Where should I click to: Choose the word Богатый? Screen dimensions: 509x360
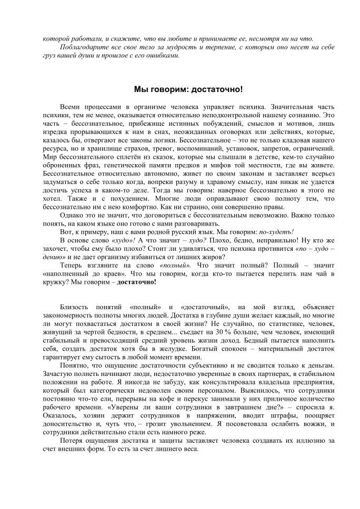pos(194,348)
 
